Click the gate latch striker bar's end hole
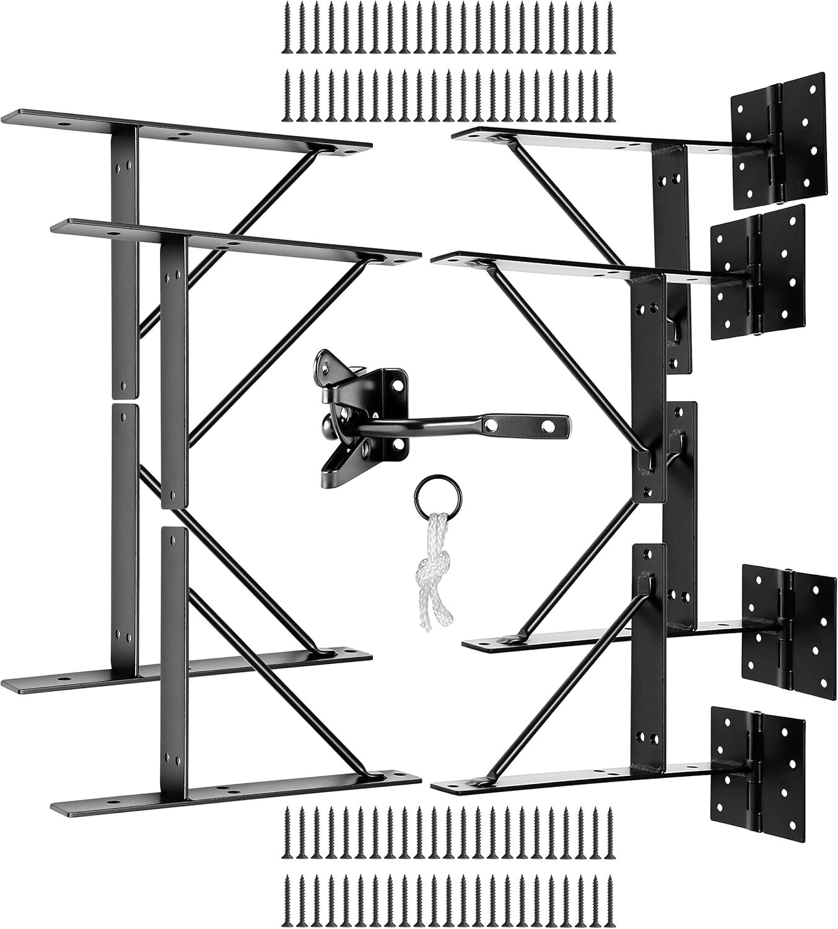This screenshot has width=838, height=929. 548,427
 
